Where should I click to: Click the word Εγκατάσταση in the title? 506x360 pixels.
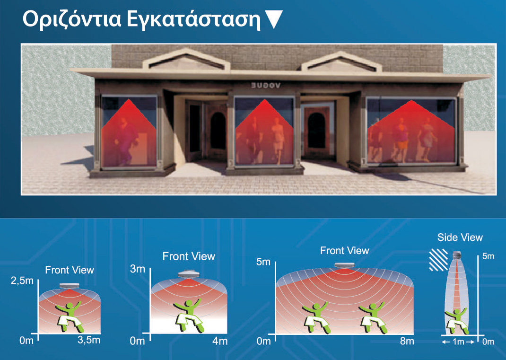193,20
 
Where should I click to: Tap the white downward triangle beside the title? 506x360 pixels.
273,19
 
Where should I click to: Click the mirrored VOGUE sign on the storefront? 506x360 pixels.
266,85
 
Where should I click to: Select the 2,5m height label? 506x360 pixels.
22,281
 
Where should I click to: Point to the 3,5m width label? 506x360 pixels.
89,340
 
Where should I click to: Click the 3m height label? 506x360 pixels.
138,269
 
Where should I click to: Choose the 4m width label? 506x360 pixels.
220,341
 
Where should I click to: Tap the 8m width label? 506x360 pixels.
407,341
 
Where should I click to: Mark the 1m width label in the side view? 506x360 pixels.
458,342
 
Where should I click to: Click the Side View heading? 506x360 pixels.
460,237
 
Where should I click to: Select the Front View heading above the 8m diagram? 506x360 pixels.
344,251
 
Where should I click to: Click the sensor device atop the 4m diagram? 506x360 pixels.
189,274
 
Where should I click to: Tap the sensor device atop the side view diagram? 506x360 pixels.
457,255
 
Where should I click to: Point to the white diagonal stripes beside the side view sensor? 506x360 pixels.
438,260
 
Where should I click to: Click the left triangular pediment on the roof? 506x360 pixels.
186,60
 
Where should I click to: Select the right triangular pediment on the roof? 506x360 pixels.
341,61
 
